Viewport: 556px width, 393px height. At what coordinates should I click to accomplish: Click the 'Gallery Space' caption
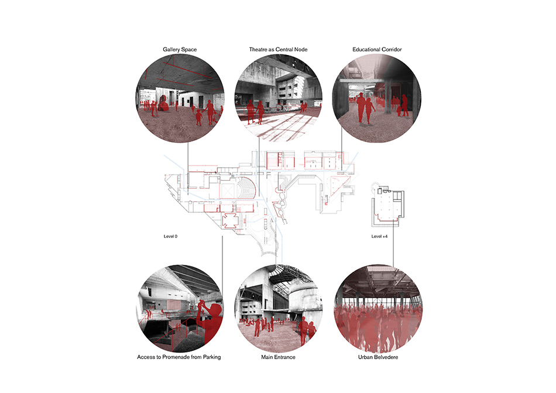(180, 50)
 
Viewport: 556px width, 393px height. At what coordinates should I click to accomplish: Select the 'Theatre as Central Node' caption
(279, 50)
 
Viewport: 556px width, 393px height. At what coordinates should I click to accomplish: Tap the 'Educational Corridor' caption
(377, 50)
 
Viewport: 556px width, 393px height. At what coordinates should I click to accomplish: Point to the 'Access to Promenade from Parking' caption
(179, 357)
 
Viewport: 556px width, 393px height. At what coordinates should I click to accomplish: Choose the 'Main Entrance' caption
(279, 357)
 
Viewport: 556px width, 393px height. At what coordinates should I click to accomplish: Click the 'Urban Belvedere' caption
(378, 357)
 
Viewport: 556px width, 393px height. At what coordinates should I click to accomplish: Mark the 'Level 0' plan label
(170, 236)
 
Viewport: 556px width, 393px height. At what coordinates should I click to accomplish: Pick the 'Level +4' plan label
(379, 236)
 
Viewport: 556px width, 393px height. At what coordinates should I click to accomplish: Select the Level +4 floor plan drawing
(388, 205)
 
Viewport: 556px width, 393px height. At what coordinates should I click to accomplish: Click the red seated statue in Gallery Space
(163, 103)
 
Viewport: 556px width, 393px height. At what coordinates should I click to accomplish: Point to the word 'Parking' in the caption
(212, 357)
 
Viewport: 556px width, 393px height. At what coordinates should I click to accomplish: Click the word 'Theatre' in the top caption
(258, 50)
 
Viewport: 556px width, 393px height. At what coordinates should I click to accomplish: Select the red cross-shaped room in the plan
(230, 221)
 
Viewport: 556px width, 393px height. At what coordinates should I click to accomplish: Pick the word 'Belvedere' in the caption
(386, 357)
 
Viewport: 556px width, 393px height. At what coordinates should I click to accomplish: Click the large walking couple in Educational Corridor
(365, 108)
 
